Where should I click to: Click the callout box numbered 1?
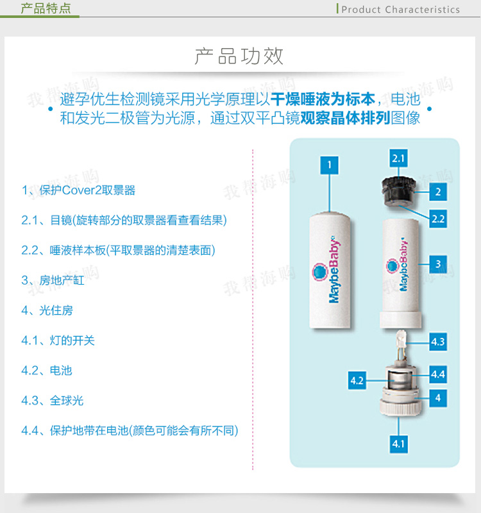[329, 165]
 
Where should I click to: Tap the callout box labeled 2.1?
[398, 158]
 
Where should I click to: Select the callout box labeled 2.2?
[438, 219]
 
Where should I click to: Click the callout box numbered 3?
[438, 264]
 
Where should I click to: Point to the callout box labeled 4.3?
[438, 342]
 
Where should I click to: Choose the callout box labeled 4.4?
[438, 374]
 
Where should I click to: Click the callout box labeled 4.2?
[357, 380]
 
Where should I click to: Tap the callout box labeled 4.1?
[398, 444]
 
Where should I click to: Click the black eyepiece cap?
[398, 191]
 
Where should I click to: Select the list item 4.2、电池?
[46, 371]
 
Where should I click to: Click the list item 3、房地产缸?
[53, 280]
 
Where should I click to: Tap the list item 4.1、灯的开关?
[58, 341]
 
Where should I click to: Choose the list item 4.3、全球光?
[53, 400]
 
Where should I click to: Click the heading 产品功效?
[239, 56]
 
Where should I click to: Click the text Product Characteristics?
[400, 10]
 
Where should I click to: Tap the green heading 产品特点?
[46, 8]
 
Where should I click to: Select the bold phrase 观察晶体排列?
[345, 118]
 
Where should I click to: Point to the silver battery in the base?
[398, 380]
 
